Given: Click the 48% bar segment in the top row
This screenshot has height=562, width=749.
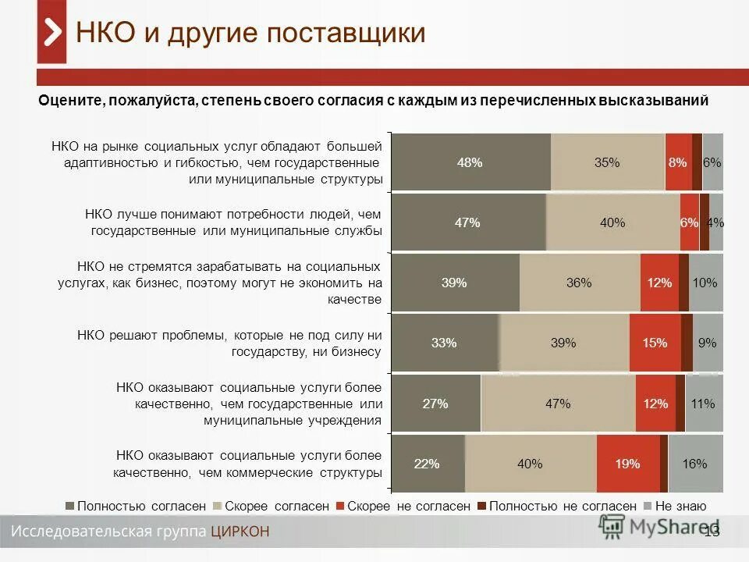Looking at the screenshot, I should click(x=470, y=162).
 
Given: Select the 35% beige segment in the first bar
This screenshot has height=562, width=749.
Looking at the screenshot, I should click(x=607, y=162).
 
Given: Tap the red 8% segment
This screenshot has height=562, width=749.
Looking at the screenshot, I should click(x=678, y=162).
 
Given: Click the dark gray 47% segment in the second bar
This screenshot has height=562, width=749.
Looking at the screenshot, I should click(x=467, y=222).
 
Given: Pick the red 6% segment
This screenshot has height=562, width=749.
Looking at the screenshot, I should click(x=689, y=222).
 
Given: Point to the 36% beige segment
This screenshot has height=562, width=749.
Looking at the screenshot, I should click(x=579, y=283).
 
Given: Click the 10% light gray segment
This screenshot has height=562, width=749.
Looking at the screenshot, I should click(x=705, y=283).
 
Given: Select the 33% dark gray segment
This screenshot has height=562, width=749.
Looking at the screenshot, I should click(x=444, y=343).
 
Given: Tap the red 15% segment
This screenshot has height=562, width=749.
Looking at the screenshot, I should click(x=655, y=343).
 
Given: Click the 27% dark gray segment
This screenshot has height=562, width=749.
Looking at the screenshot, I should click(x=435, y=404).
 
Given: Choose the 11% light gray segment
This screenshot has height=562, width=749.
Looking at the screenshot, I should click(x=704, y=404).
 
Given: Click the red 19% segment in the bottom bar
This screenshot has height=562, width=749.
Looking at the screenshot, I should click(x=627, y=464).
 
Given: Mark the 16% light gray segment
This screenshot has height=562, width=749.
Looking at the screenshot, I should click(x=695, y=464).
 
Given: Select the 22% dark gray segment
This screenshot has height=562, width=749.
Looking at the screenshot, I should click(x=427, y=464).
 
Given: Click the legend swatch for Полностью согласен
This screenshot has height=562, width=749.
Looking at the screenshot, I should click(x=70, y=506).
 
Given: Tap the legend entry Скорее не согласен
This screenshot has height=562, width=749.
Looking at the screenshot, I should click(x=408, y=506).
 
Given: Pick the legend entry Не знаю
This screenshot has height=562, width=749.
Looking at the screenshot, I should click(x=680, y=506).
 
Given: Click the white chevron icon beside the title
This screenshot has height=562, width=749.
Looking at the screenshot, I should click(x=52, y=33).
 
